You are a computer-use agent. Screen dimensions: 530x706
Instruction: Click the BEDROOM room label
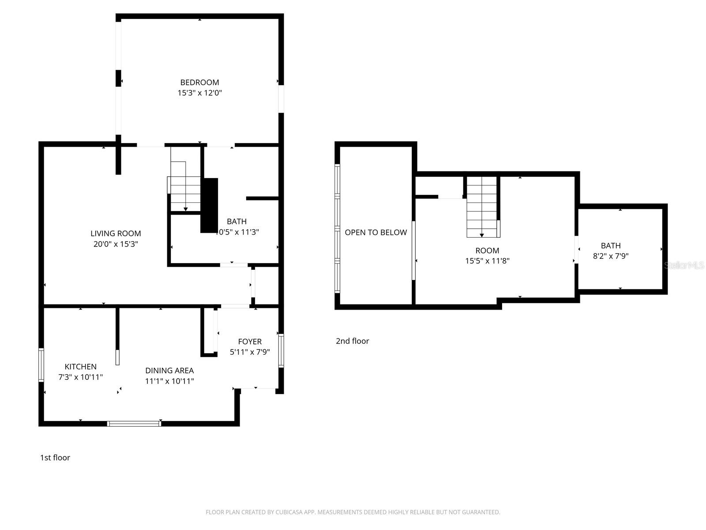(x=199, y=82)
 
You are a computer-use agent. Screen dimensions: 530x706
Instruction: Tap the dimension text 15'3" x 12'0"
(x=199, y=93)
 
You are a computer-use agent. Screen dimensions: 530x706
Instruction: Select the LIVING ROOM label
(x=116, y=233)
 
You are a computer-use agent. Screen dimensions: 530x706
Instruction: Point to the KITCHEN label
(x=80, y=367)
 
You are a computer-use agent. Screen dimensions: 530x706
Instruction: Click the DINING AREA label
(x=169, y=371)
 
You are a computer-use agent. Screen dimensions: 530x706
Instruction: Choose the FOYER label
(x=250, y=341)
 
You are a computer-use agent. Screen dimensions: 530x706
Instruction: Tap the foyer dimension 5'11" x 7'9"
(x=250, y=352)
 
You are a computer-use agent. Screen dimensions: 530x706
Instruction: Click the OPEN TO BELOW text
(x=376, y=232)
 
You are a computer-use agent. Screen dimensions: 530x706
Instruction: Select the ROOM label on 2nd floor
(x=487, y=250)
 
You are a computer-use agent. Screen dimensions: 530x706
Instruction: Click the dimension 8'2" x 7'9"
(x=611, y=256)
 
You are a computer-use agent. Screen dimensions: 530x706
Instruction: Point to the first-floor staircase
(x=185, y=188)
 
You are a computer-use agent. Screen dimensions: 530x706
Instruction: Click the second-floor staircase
(x=482, y=207)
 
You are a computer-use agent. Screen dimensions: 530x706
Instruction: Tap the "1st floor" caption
(x=55, y=458)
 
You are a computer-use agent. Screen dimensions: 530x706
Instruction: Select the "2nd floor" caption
(x=352, y=341)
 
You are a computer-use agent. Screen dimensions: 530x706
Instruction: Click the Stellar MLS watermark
(x=684, y=265)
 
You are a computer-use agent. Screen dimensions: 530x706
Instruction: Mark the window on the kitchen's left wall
(x=41, y=365)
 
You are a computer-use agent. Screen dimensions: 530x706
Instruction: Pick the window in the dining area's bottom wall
(x=134, y=424)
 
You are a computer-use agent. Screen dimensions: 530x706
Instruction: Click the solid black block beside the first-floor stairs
(x=210, y=205)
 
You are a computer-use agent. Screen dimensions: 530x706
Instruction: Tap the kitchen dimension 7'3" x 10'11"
(x=80, y=377)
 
